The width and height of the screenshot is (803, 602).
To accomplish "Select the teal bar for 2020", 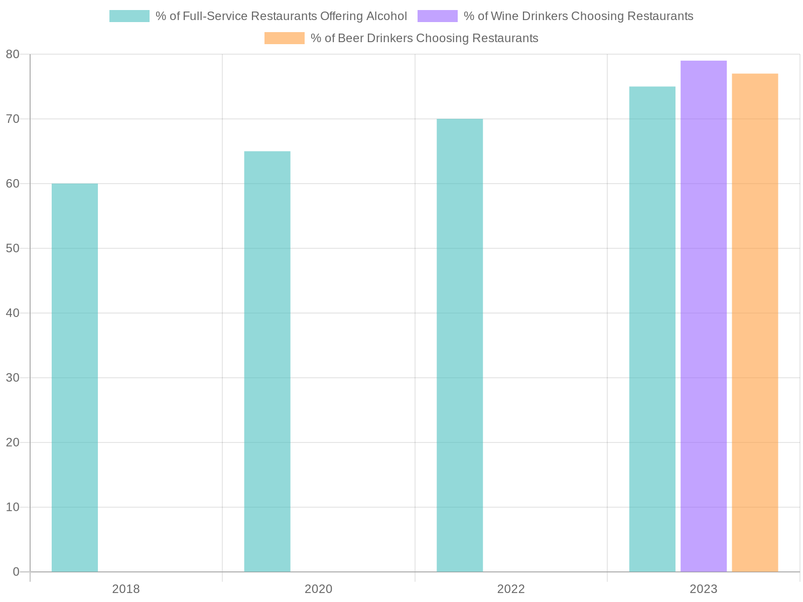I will (267, 361).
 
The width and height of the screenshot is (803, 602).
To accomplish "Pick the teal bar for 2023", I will (652, 329).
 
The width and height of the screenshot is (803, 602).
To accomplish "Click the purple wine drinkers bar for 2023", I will (704, 316).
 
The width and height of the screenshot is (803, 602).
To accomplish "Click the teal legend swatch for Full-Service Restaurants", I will (129, 16).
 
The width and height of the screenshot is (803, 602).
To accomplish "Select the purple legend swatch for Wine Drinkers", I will (437, 16).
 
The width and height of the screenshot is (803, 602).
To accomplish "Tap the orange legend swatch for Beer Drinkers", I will (284, 38).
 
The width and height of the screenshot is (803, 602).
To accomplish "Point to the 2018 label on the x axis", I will (126, 589).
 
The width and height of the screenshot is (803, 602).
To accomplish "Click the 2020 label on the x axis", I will (319, 589).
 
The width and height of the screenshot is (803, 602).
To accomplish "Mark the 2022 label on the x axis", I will (511, 589).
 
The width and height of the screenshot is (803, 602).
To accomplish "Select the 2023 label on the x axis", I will (704, 589).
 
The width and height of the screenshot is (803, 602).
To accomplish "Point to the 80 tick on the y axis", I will (13, 54).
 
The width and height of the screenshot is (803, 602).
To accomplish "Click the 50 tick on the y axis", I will (13, 248).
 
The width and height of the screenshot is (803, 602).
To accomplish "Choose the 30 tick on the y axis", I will (13, 378).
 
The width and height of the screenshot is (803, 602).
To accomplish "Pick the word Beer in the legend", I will (351, 38).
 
